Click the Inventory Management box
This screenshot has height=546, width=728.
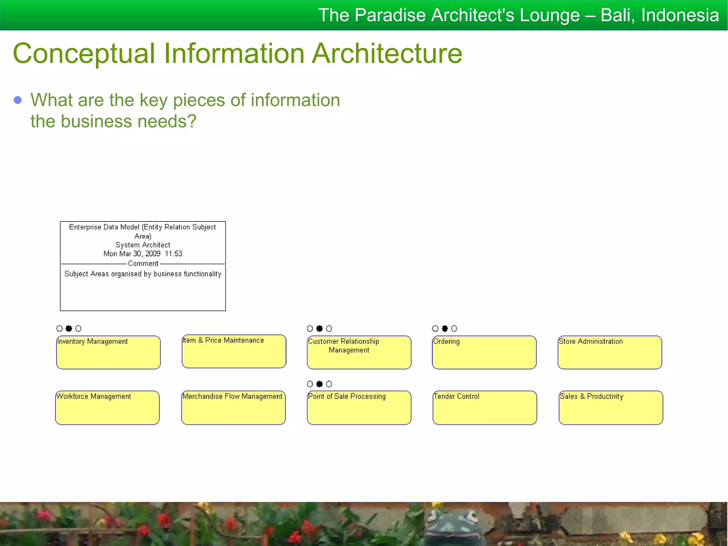coord(108,352)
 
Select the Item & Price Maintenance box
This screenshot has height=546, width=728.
coord(234,351)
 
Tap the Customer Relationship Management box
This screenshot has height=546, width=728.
coord(359,352)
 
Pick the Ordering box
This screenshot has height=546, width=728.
coord(484,352)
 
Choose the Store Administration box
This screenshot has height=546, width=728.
coord(610,352)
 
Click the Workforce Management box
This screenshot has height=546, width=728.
coord(107,408)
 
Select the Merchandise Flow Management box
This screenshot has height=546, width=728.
coord(233,408)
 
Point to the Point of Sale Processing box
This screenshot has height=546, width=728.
coord(359,408)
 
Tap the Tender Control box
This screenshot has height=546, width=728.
coord(485,408)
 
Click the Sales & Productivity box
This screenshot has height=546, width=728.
coord(611,408)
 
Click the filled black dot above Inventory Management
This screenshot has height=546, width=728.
coord(69,328)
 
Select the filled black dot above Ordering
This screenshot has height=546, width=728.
coord(445,328)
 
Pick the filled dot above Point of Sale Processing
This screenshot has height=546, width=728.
coord(320,384)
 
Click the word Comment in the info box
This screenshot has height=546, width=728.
coord(143,264)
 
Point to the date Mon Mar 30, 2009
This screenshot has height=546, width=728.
coord(132,254)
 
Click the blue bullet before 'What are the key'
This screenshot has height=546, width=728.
coord(18,100)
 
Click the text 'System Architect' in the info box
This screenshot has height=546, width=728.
coord(143,245)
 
